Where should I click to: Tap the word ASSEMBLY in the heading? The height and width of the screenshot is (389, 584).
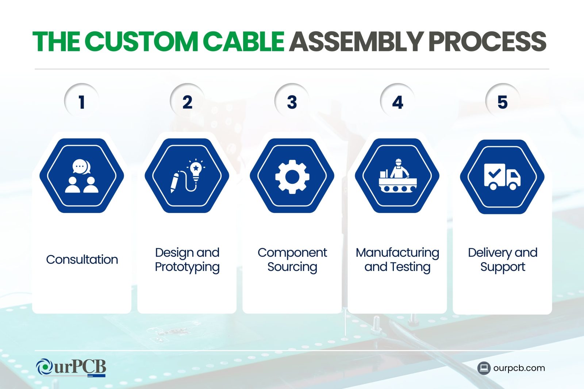coord(356,42)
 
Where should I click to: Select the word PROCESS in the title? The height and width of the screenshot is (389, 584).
coord(487,42)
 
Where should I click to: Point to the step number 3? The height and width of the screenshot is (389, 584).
coord(292,102)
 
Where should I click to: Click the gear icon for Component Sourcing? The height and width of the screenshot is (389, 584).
coord(292,177)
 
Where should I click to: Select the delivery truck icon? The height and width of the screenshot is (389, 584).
coord(502,176)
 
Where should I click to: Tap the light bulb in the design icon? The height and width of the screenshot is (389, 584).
coord(196,170)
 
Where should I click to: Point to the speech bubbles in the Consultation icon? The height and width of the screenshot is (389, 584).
coord(81,166)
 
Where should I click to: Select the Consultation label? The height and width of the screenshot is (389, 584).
coord(82,260)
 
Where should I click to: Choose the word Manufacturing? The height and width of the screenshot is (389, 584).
coord(397,253)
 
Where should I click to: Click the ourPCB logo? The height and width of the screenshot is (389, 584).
coord(71,367)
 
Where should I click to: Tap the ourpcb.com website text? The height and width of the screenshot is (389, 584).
coord(519,368)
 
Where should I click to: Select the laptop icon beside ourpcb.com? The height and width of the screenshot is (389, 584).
coord(484,368)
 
